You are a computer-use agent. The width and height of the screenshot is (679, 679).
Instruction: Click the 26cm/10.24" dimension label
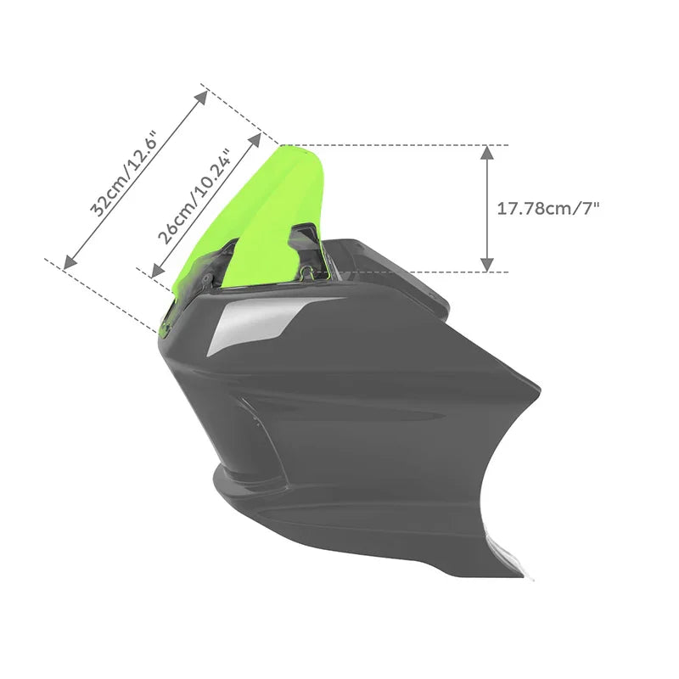pos(194,198)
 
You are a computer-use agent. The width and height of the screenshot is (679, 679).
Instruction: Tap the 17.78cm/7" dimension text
pos(547,209)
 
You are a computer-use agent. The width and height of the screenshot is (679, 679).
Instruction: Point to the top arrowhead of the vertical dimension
pos(487,153)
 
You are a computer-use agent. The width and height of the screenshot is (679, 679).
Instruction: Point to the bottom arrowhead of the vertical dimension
pos(487,265)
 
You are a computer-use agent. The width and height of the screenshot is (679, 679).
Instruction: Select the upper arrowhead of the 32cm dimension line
pos(201,98)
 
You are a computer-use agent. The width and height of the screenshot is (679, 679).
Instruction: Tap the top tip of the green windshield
pos(283,146)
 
